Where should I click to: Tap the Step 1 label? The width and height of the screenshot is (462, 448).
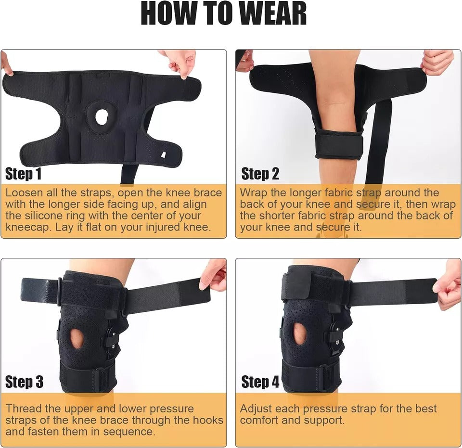click(23, 174)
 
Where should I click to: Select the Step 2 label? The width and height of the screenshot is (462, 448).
click(260, 174)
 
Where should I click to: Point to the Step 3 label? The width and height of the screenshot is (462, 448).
click(24, 382)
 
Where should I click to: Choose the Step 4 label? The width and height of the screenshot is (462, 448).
click(260, 382)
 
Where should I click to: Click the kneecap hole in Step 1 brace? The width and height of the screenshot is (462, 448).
click(102, 117)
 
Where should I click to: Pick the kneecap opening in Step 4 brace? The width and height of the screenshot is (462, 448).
click(300, 334)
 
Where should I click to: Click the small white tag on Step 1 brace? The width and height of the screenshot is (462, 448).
click(163, 154)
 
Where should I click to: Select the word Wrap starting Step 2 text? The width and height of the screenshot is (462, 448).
click(254, 193)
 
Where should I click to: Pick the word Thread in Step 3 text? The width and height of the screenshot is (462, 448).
click(24, 409)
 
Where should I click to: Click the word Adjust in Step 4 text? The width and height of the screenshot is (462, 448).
click(257, 409)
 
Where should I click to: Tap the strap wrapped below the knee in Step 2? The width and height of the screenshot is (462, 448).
click(339, 144)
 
